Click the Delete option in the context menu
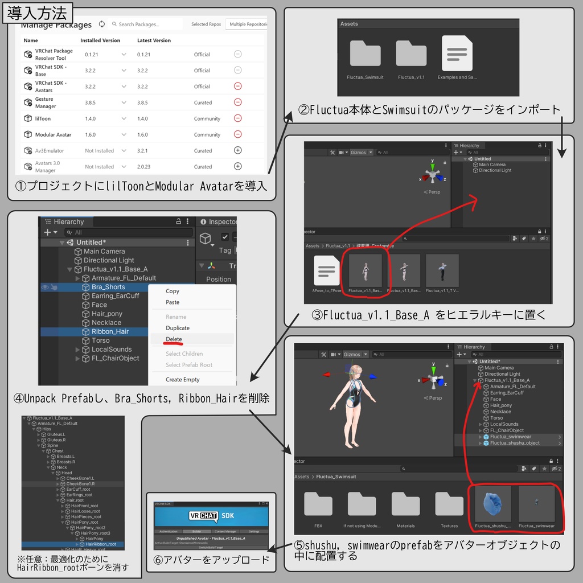pos(174,339)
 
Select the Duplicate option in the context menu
pos(178,328)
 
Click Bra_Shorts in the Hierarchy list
pos(108,287)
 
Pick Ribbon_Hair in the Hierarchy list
pos(110,331)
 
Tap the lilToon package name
pos(43,119)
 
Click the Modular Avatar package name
pos(53,135)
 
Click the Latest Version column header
pos(154,40)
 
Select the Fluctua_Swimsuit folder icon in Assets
pos(365,54)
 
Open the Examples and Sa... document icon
pos(457,54)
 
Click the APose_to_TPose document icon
pos(327,270)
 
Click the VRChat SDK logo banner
pos(211,516)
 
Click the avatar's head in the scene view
pos(355,373)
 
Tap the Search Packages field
pos(147,24)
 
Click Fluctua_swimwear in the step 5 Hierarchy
pos(510,437)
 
